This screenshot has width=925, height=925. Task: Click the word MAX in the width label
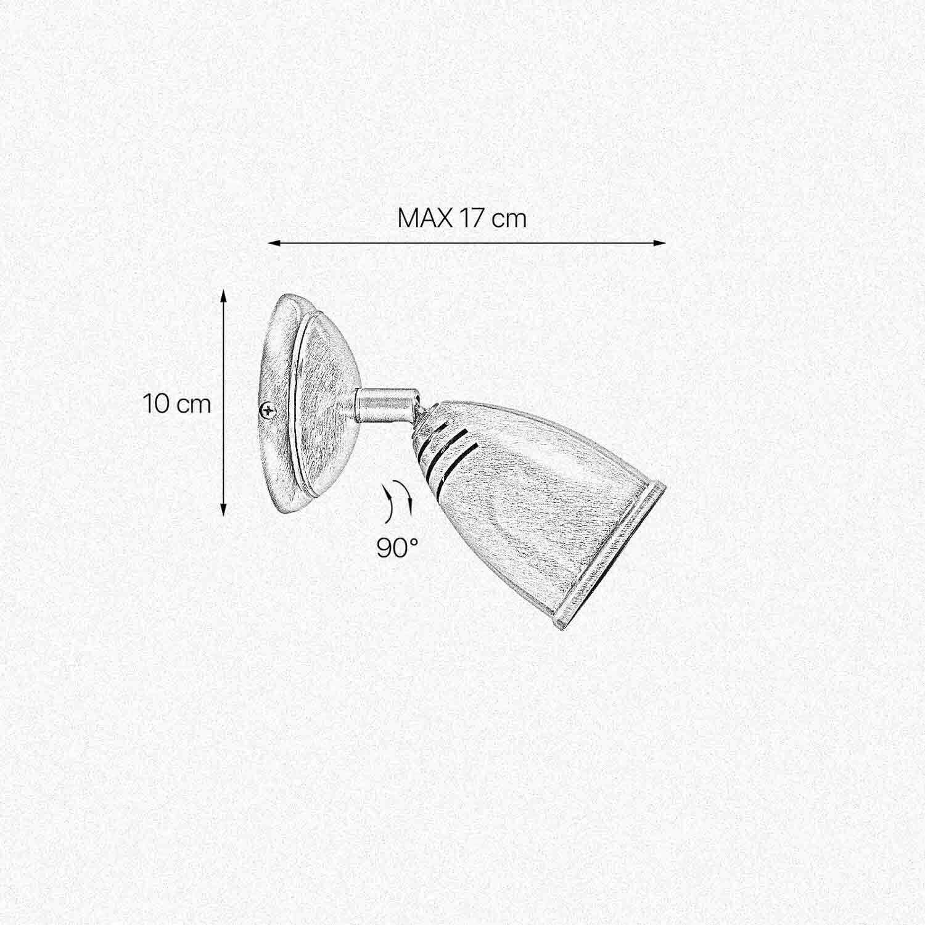click(x=425, y=218)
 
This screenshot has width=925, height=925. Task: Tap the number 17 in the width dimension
click(x=471, y=218)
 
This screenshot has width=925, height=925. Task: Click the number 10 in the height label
click(x=156, y=405)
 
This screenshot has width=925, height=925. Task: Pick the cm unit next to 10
click(x=194, y=406)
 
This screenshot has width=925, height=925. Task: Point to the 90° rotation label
click(x=398, y=548)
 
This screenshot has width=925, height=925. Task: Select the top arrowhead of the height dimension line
click(x=224, y=297)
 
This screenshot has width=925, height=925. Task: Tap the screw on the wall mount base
click(x=268, y=409)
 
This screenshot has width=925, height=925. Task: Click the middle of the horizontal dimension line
click(x=467, y=243)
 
